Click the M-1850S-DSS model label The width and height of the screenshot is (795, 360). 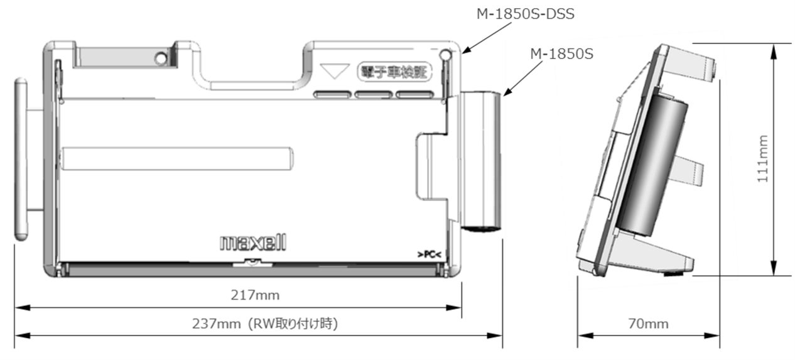[x=525, y=14]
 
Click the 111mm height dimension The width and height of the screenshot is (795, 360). [x=761, y=160]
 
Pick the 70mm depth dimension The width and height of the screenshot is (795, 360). [x=648, y=324]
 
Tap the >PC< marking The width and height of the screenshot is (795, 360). [x=429, y=254]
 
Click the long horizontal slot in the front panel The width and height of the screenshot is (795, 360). [x=177, y=158]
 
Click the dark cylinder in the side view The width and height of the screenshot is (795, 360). [x=654, y=164]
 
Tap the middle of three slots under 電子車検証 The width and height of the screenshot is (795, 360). [x=374, y=95]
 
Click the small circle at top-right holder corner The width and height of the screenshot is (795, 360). [x=446, y=55]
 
